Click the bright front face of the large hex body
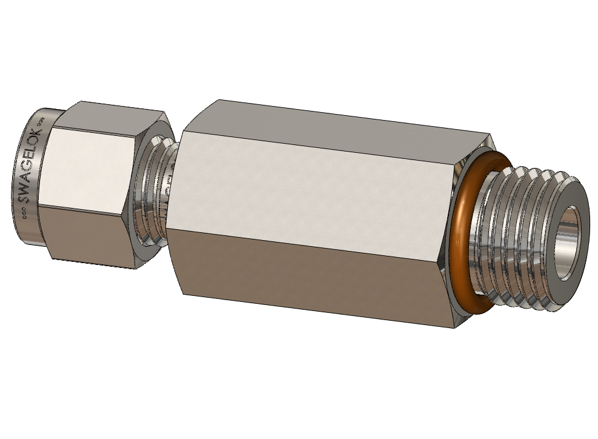pyautogui.click(x=315, y=182)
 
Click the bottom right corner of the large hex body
pyautogui.click(x=454, y=328)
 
